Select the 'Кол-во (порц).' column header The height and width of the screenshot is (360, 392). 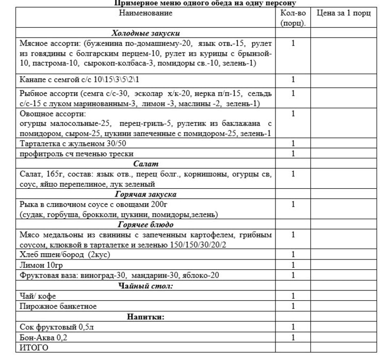293,18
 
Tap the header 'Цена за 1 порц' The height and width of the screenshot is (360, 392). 344,13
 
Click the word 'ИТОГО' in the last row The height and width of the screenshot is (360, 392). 34,348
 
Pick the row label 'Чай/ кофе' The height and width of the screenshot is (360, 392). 38,296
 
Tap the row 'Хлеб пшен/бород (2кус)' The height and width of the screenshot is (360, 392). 64,255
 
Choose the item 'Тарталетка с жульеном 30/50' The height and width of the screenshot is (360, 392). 73,143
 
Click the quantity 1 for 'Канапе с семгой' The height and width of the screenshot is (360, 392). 293,79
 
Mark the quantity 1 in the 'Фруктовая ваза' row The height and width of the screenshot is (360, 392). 293,275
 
